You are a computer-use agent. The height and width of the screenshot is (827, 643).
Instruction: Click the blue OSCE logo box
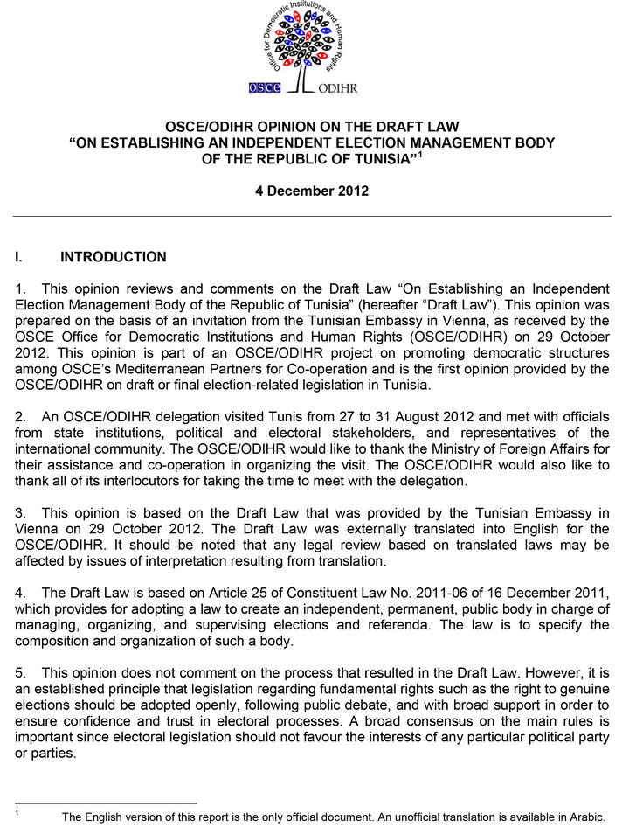pyautogui.click(x=264, y=87)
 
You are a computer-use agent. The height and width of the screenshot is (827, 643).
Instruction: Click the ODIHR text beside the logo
pyautogui.click(x=338, y=88)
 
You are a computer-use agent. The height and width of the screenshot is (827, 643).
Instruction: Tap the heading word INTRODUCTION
pyautogui.click(x=113, y=257)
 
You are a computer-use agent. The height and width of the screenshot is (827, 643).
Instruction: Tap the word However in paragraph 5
pyautogui.click(x=529, y=673)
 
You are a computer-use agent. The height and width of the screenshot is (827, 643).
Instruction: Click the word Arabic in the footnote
pyautogui.click(x=584, y=817)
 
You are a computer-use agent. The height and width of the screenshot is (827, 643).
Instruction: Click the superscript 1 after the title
pyautogui.click(x=420, y=154)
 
